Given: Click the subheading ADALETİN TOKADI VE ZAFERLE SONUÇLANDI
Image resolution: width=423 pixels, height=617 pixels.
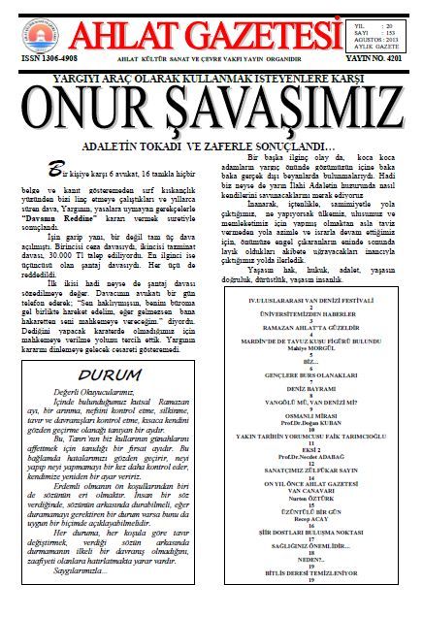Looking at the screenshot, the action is coord(210,144).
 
